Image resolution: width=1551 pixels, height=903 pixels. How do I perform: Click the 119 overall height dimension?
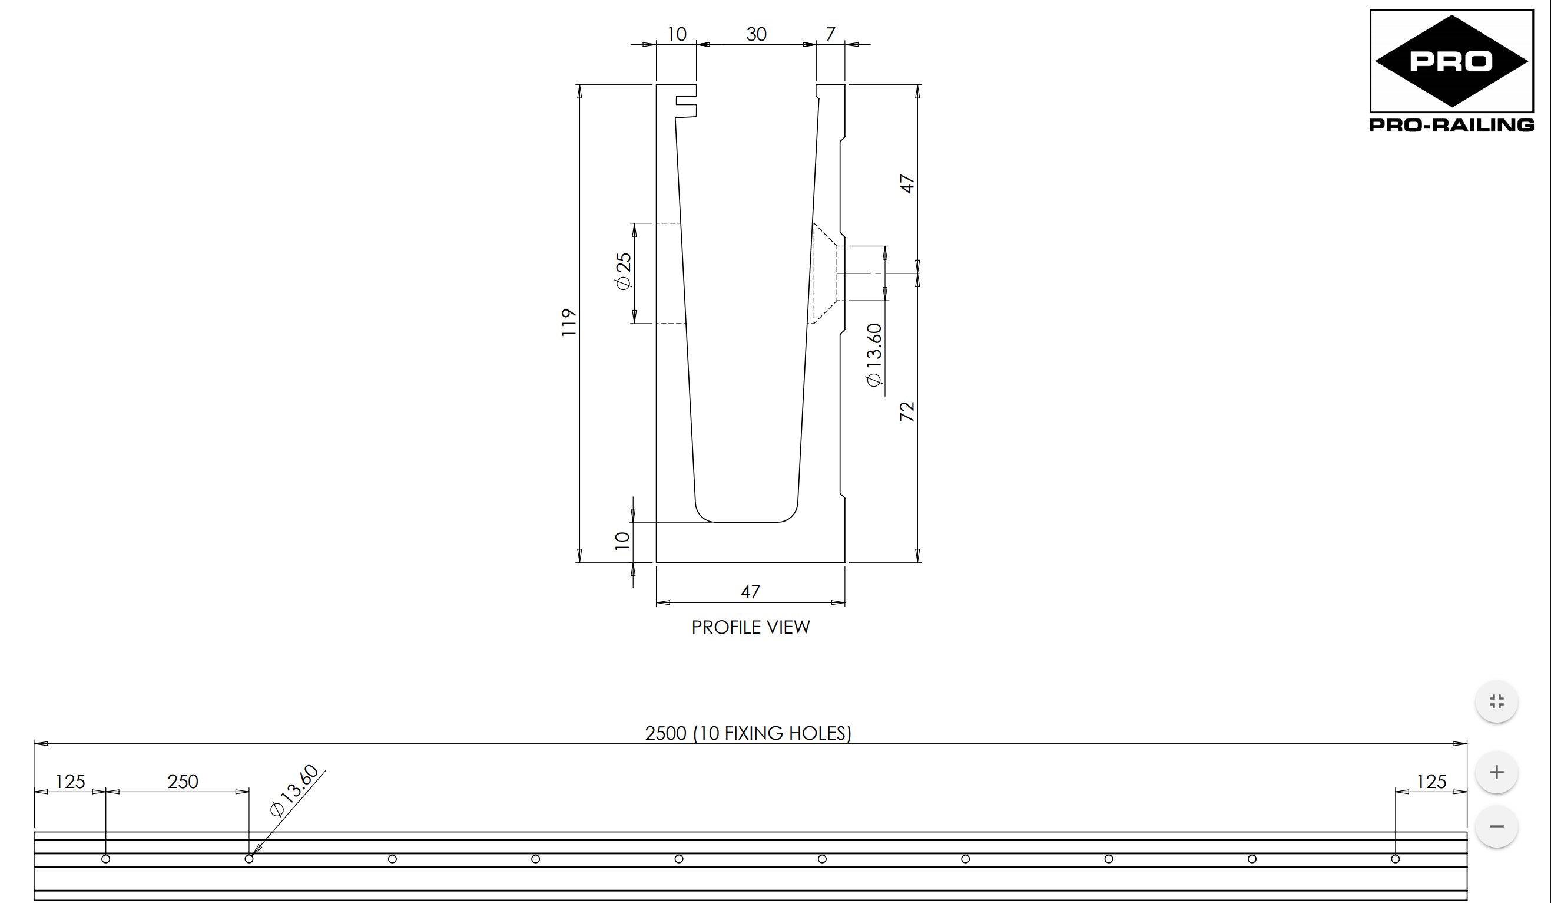[x=569, y=322]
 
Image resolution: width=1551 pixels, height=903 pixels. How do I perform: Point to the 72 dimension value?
[x=907, y=411]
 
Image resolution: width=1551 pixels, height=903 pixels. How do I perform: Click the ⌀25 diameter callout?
[x=624, y=271]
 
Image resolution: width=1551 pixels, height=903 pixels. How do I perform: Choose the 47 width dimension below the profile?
[x=750, y=592]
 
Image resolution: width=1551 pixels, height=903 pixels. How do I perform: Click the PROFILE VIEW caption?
[x=750, y=627]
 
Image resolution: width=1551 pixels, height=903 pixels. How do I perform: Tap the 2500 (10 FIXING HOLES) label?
[x=748, y=733]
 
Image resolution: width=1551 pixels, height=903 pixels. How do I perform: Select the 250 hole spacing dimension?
[x=183, y=782]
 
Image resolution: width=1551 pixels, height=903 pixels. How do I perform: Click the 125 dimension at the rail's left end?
[x=70, y=782]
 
